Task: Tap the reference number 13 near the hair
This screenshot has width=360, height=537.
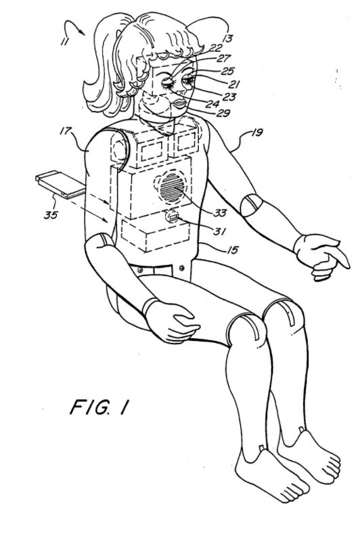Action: [227, 38]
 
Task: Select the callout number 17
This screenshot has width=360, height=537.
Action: [66, 131]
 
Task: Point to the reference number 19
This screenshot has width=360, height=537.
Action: [257, 132]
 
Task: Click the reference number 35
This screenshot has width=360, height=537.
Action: [51, 215]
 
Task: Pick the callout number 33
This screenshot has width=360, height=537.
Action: [220, 213]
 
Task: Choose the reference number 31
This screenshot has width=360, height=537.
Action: [219, 231]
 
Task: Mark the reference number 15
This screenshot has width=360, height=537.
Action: [232, 250]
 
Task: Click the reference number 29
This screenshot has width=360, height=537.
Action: [223, 113]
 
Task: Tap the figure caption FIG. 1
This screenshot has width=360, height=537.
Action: [99, 407]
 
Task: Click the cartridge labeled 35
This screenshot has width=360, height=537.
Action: [60, 185]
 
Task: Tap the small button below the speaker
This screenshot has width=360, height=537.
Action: [173, 217]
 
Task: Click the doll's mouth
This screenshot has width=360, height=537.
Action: [179, 103]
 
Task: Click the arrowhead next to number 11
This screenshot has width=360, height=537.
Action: [81, 32]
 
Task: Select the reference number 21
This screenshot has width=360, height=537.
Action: [234, 84]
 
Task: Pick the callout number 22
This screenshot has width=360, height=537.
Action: [216, 48]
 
